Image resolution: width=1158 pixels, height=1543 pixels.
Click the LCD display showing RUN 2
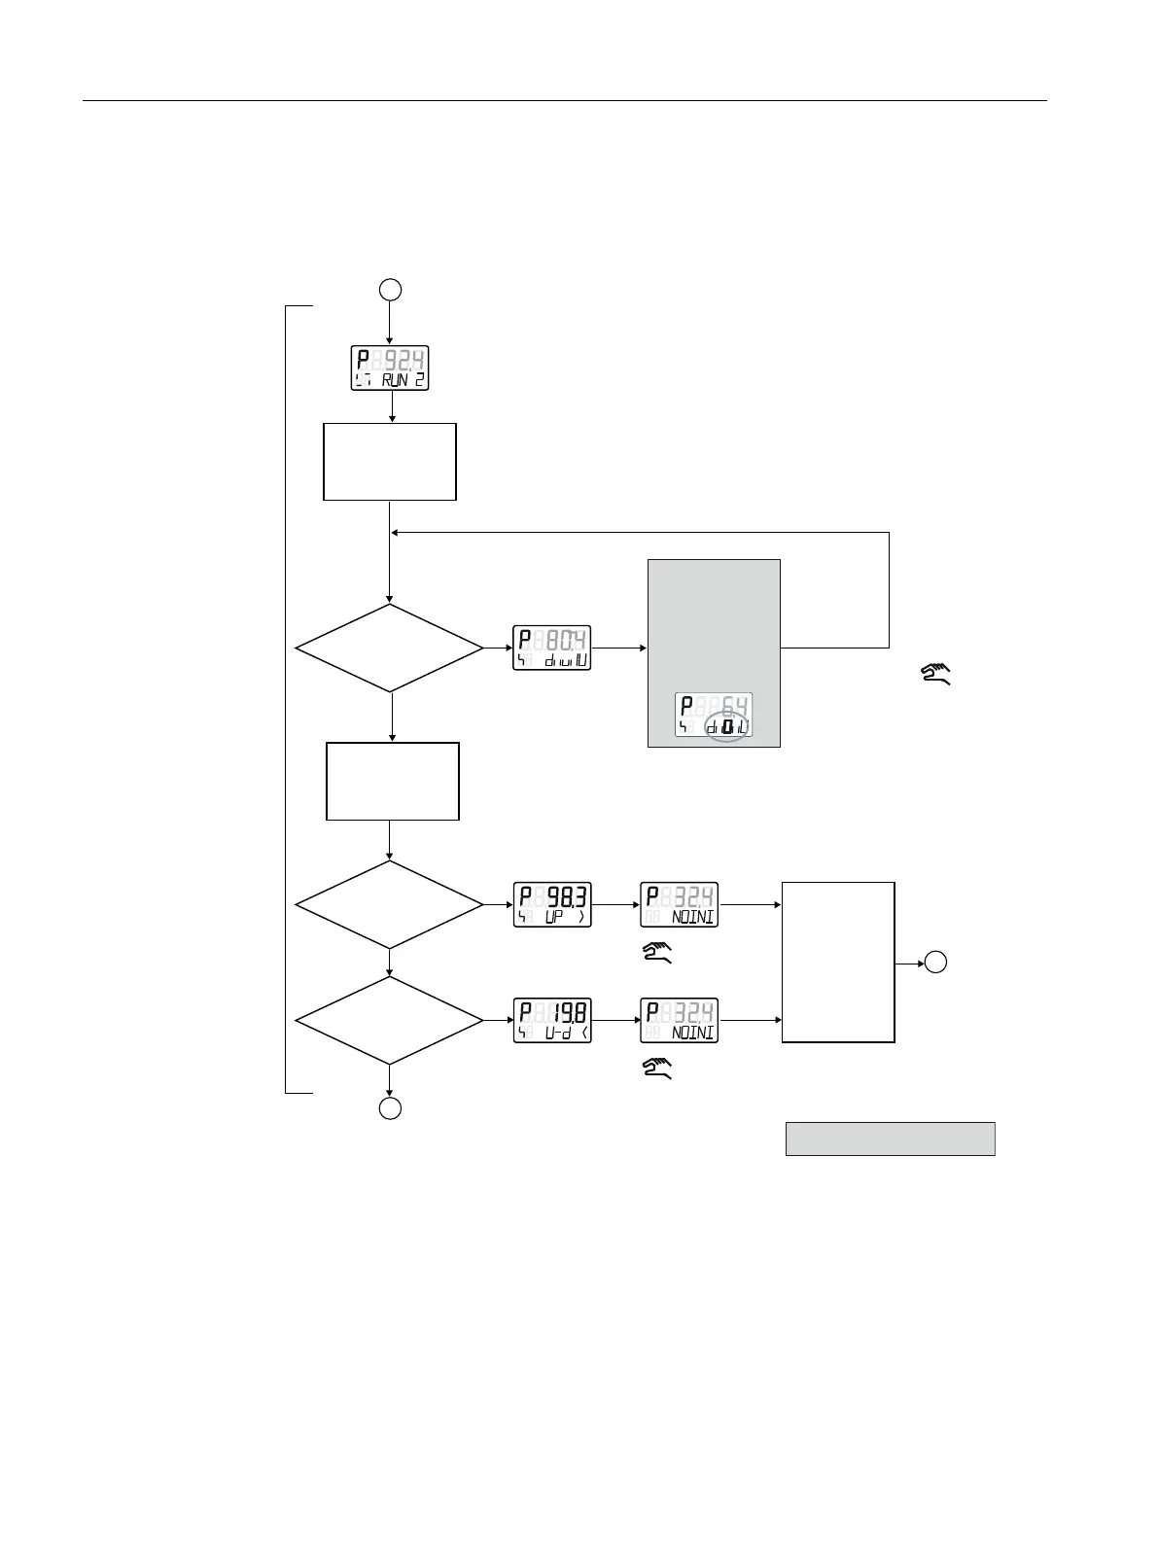pyautogui.click(x=390, y=368)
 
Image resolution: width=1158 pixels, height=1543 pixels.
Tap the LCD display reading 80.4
pyautogui.click(x=551, y=649)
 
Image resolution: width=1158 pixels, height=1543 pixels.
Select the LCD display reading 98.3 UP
pyautogui.click(x=551, y=904)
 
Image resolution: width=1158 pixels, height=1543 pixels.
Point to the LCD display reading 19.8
pyautogui.click(x=551, y=1021)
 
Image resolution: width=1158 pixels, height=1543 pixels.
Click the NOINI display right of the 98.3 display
pyautogui.click(x=679, y=904)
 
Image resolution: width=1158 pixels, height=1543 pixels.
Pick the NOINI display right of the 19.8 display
pyautogui.click(x=679, y=1021)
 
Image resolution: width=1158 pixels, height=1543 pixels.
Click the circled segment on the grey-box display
pyautogui.click(x=727, y=726)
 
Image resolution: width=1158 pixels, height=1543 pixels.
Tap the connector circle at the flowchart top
pyautogui.click(x=390, y=289)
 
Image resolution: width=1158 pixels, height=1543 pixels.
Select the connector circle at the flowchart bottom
pyautogui.click(x=390, y=1109)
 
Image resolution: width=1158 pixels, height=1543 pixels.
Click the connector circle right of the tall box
pyautogui.click(x=935, y=963)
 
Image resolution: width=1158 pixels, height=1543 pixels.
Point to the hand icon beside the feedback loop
pyautogui.click(x=935, y=672)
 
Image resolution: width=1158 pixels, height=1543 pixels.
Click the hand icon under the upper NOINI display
pyautogui.click(x=657, y=953)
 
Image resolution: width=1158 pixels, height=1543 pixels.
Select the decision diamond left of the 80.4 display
pyautogui.click(x=389, y=648)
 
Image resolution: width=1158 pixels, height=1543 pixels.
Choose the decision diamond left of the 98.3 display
pyautogui.click(x=389, y=904)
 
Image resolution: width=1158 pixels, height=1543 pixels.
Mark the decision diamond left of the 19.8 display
pyautogui.click(x=389, y=1021)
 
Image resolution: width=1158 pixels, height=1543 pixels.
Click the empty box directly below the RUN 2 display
pyautogui.click(x=390, y=462)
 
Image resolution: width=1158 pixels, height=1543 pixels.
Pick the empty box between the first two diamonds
pyautogui.click(x=393, y=782)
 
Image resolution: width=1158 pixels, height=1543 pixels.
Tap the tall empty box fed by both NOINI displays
pyautogui.click(x=838, y=963)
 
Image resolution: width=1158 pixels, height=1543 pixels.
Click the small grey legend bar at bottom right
pyautogui.click(x=890, y=1139)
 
